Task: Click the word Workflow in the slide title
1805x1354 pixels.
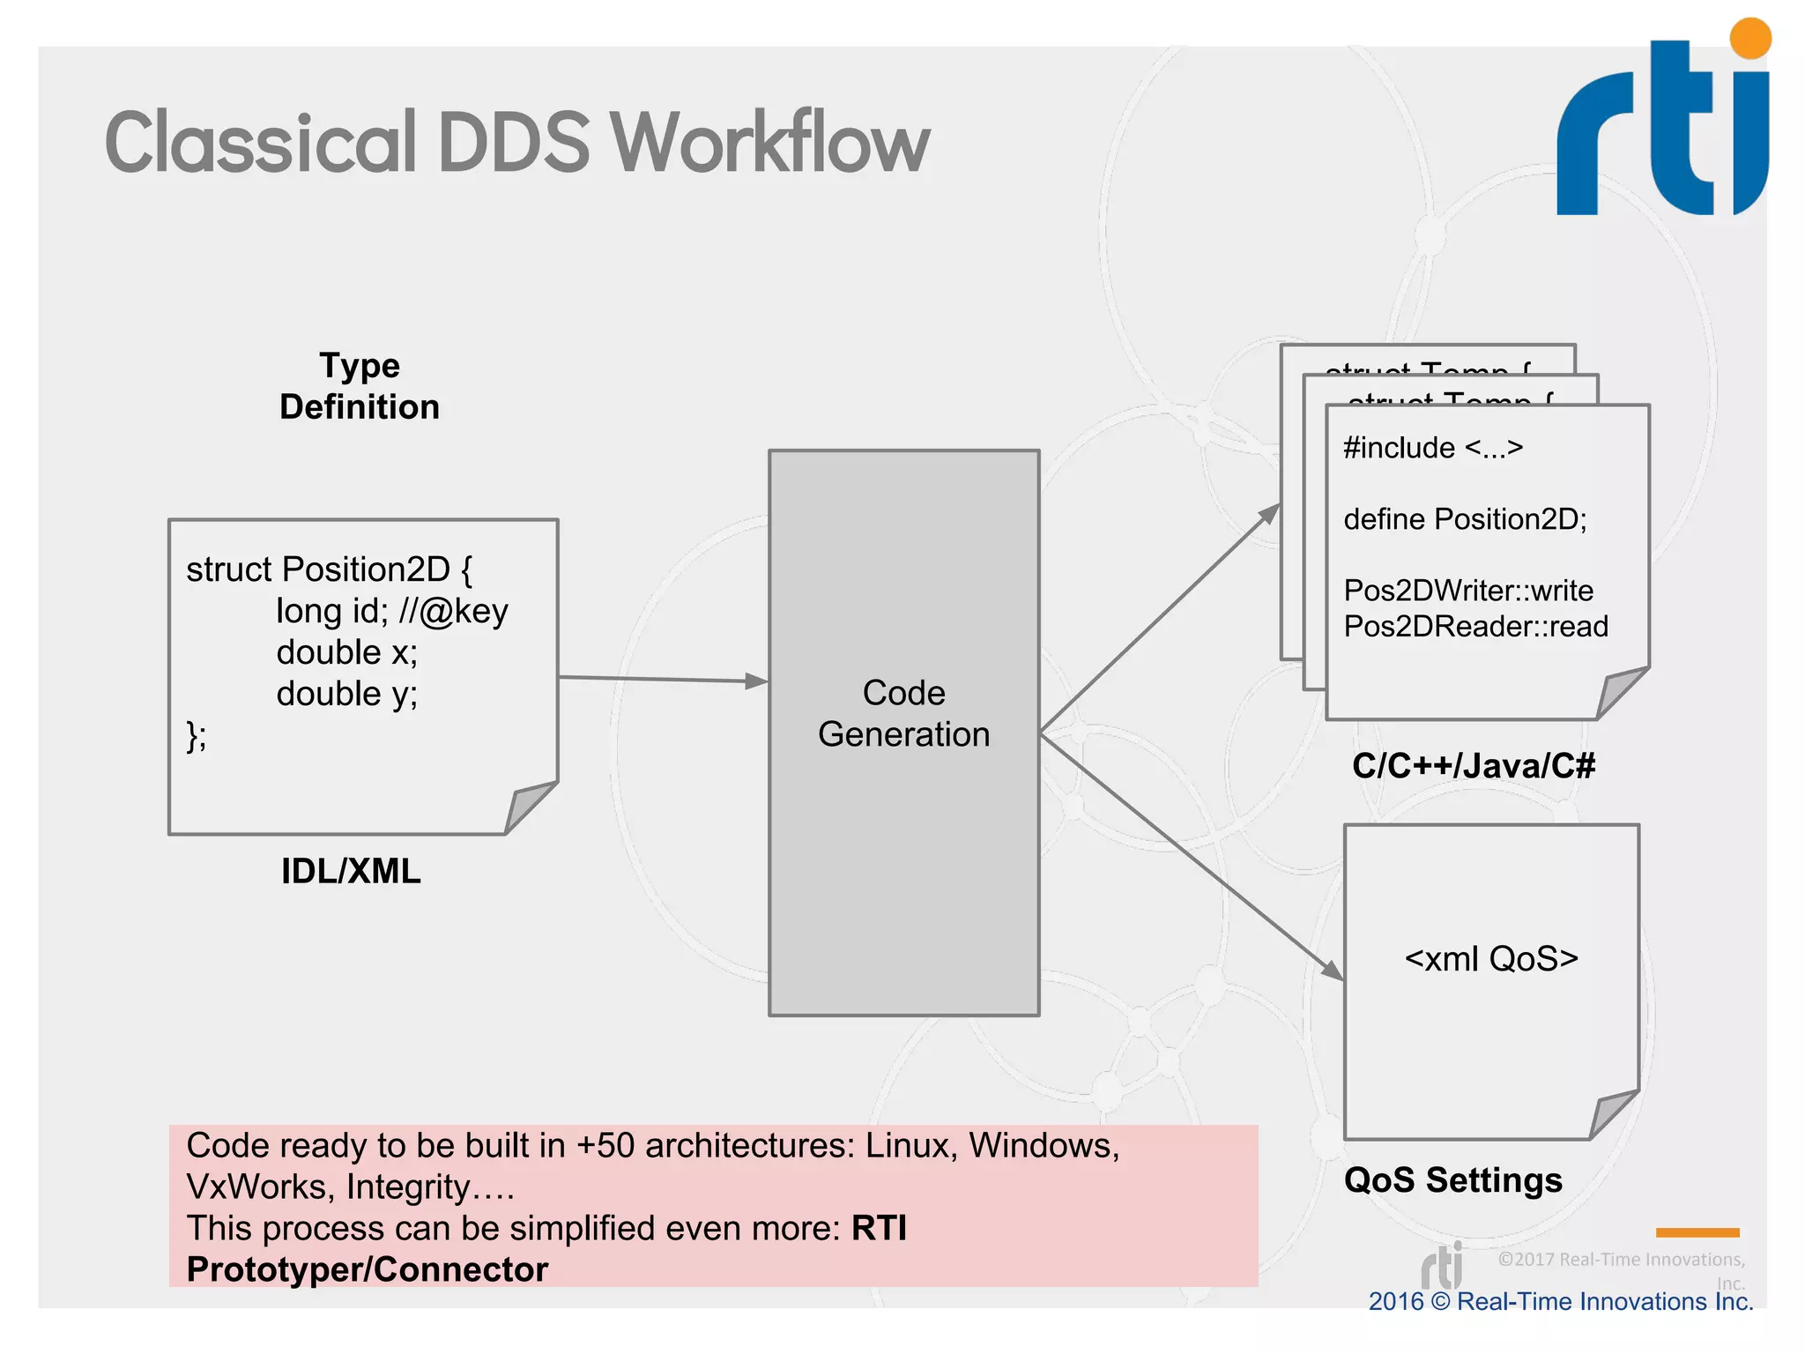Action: tap(769, 143)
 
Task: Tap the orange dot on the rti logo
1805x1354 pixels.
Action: tap(1749, 39)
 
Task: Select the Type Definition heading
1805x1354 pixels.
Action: tap(360, 386)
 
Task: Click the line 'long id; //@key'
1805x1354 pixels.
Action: tap(392, 611)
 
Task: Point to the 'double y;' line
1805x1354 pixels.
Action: tap(346, 694)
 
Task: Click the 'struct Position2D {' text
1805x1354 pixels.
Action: tap(330, 569)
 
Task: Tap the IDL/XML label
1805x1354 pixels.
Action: tap(351, 871)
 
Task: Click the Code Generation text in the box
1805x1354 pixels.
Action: tap(903, 713)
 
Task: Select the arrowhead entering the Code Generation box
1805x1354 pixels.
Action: tap(756, 681)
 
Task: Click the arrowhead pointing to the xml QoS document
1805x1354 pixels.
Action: tap(1332, 970)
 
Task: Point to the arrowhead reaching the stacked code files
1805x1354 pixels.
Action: tap(1270, 513)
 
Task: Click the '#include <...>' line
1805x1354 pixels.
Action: tap(1433, 448)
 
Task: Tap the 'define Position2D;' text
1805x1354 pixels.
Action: tap(1465, 519)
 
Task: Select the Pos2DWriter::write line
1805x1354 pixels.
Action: tap(1468, 591)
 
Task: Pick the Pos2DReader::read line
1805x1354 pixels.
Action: tap(1475, 627)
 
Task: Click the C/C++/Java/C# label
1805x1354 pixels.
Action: tap(1474, 765)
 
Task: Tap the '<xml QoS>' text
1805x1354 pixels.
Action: tap(1491, 959)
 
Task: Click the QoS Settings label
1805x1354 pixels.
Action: tap(1452, 1179)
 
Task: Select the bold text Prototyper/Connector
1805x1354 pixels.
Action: tap(368, 1269)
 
